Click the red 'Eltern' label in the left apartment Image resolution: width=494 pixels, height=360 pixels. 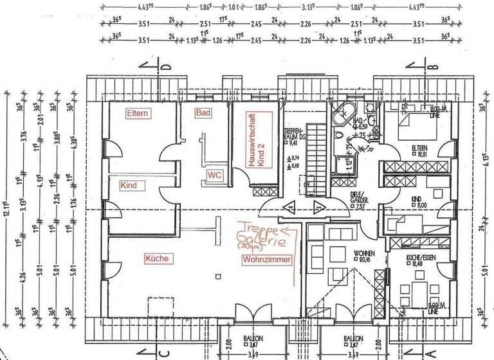(x=138, y=114)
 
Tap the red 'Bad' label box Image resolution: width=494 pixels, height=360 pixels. (x=203, y=113)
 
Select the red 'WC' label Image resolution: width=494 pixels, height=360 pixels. (x=214, y=175)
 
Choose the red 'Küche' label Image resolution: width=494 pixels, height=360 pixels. (x=157, y=258)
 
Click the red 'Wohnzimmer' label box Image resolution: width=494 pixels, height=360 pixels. (x=266, y=260)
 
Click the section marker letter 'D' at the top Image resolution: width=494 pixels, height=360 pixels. (x=165, y=67)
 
